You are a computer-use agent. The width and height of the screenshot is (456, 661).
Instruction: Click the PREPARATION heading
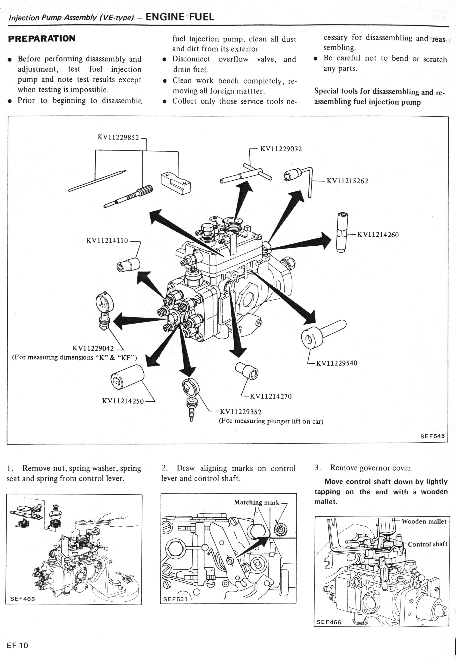pos(42,39)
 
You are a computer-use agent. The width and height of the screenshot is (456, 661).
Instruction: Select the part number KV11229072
pos(281,149)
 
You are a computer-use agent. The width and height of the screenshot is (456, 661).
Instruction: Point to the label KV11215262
pos(347,181)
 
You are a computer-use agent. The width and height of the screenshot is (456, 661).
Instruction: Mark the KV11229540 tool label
pos(337,363)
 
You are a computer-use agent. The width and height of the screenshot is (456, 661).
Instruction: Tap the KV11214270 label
pos(271,396)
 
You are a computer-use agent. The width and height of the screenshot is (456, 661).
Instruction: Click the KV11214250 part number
pos(123,401)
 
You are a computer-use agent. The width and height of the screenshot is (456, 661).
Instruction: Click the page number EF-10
pos(18,645)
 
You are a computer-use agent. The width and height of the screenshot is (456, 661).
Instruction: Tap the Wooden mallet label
pos(424,521)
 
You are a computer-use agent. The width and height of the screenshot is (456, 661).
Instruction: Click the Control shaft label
pos(427,544)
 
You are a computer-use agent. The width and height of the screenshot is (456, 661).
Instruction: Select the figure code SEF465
pos(23,599)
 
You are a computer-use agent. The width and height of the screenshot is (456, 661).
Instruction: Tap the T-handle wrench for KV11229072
pos(246,175)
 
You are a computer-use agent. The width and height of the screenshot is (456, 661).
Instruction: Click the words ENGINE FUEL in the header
pos(180,17)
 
